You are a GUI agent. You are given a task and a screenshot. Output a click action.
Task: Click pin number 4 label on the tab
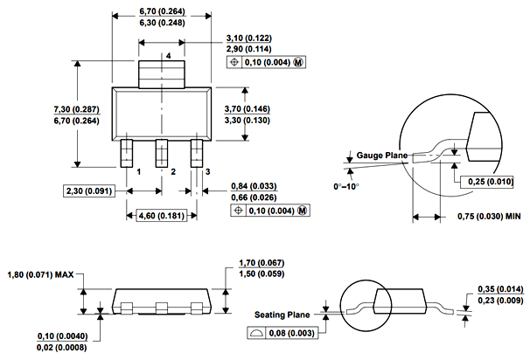click(x=169, y=57)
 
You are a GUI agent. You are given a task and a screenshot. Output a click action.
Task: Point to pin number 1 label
click(x=138, y=172)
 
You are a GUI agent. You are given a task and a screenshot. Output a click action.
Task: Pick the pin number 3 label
click(x=206, y=172)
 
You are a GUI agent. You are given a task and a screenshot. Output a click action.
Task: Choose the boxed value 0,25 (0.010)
click(x=489, y=180)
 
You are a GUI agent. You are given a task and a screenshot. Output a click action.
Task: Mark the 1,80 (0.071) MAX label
click(x=40, y=274)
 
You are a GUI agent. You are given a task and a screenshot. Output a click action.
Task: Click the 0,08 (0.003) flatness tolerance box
click(x=290, y=332)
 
